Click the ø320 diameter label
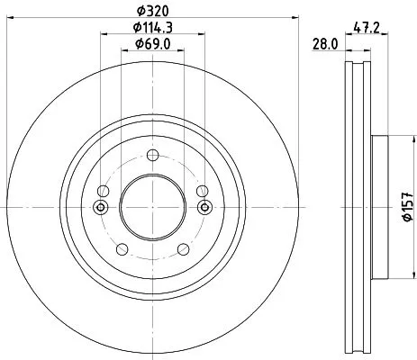coord(152,12)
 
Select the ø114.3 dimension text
coord(153,28)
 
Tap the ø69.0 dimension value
coord(152,43)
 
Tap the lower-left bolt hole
coord(119,245)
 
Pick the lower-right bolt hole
coord(186,245)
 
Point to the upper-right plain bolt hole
coord(203,190)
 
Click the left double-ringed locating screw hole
coord(101,209)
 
